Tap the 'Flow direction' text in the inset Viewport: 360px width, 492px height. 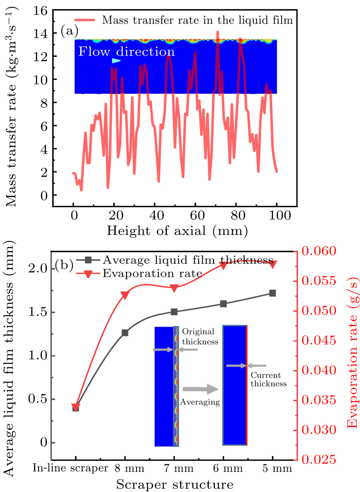point(126,52)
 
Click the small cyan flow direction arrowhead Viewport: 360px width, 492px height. point(116,61)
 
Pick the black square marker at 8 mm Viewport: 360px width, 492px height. point(125,333)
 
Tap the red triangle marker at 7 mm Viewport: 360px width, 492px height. point(174,288)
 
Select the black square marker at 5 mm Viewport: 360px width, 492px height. point(272,293)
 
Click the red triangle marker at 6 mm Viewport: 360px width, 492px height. point(223,265)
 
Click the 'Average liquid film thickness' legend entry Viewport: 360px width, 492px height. point(187,260)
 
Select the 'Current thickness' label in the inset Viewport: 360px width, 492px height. point(268,379)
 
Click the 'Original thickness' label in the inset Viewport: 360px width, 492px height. point(200,337)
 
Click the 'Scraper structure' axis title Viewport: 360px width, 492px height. point(175,484)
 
